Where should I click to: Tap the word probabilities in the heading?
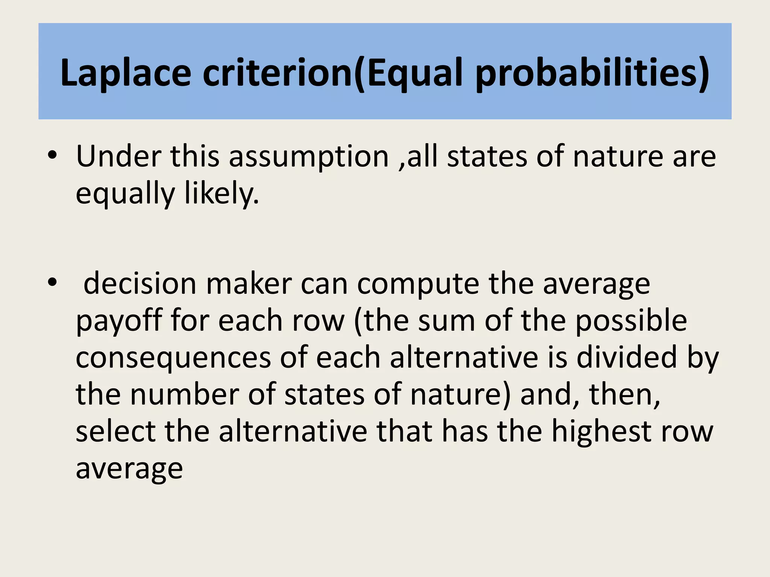click(x=593, y=73)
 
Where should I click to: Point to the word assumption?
click(x=309, y=157)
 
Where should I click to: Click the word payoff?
click(x=119, y=320)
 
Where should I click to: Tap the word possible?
click(x=631, y=320)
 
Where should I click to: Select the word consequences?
click(x=173, y=358)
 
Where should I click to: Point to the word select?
click(x=116, y=431)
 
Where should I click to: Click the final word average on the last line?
click(x=129, y=468)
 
